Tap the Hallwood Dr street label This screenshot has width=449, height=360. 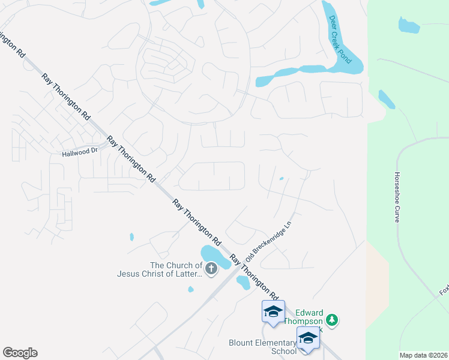coord(80,152)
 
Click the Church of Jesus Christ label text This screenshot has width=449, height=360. coord(160,269)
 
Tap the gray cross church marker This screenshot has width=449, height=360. coord(211,269)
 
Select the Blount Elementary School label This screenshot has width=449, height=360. coord(262,347)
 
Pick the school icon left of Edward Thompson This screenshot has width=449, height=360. coord(273,311)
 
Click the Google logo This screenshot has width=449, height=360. coord(20,353)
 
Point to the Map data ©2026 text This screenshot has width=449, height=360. coord(423,355)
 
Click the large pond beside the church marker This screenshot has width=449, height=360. coord(214,256)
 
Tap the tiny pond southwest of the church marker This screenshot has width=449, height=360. coord(190,289)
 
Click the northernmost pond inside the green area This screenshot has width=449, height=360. coord(408,25)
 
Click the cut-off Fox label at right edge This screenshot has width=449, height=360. coord(444,291)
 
